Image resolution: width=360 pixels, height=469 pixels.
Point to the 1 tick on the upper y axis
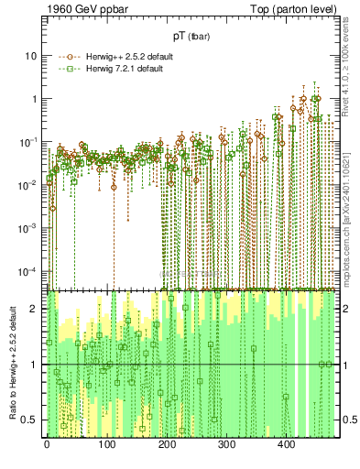coord(34,99)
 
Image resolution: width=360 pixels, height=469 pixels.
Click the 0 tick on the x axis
coord(47,443)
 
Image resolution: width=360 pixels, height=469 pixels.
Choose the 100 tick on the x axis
coord(106,443)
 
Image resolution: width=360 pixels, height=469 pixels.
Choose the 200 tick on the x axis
coord(167,443)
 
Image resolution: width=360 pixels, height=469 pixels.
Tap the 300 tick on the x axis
coord(226,443)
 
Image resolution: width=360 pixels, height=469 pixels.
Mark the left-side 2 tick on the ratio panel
coord(35,309)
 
